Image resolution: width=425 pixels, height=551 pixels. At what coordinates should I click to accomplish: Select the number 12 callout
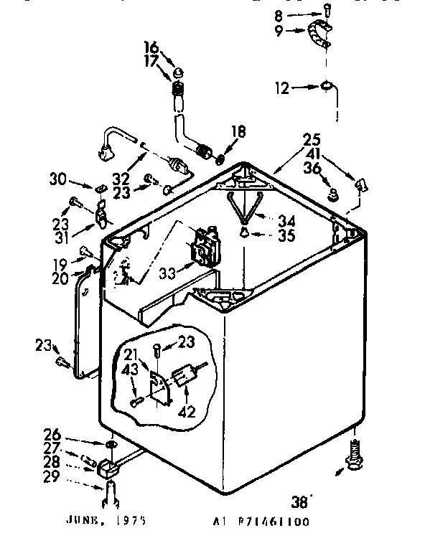coord(282,88)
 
